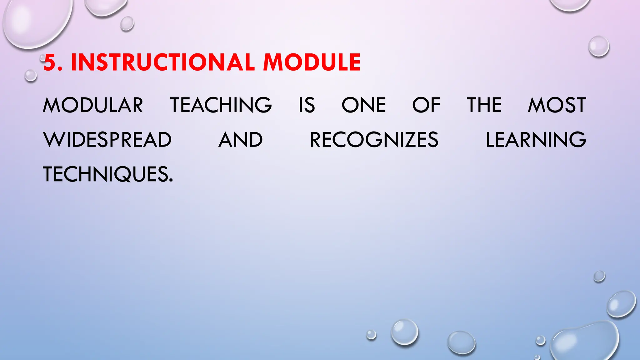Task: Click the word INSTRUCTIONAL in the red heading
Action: [162, 62]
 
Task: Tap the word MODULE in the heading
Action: [312, 62]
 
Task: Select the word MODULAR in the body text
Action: [93, 105]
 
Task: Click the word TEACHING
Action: [221, 105]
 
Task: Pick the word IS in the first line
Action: [307, 105]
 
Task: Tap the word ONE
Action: [364, 105]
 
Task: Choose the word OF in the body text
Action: [426, 105]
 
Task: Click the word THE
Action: [484, 105]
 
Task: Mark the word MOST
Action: [557, 105]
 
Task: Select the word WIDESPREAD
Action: [107, 140]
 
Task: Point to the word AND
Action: [241, 140]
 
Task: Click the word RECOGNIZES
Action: [374, 140]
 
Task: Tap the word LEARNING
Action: [536, 140]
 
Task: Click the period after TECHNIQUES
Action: [171, 180]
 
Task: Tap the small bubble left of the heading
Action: [31, 76]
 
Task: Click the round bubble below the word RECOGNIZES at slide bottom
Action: [405, 332]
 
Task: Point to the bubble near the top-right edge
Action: [599, 46]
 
